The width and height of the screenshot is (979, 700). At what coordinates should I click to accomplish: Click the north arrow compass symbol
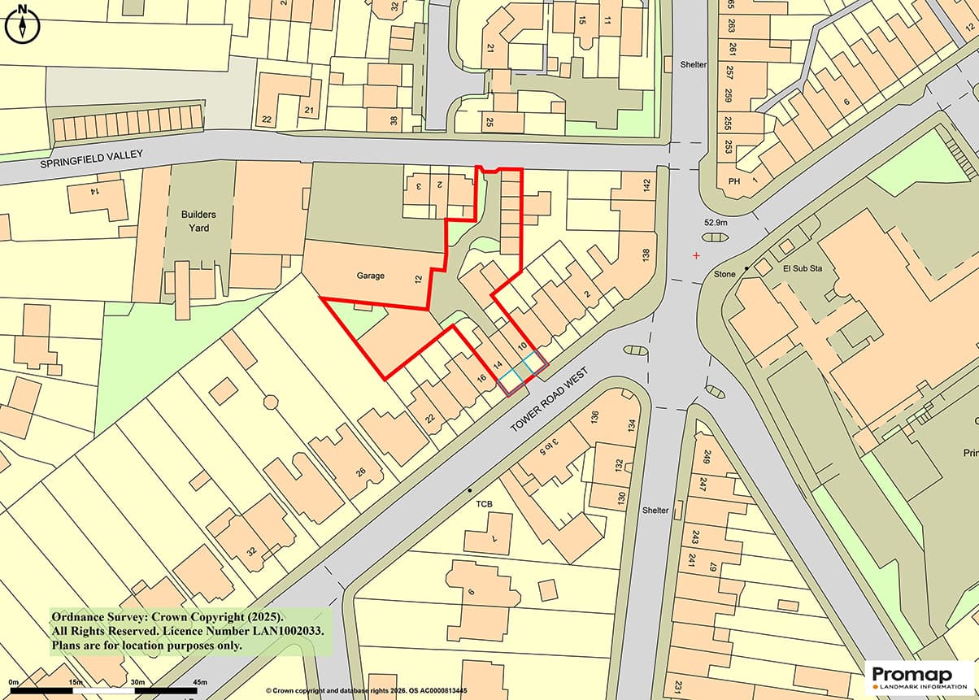(22, 24)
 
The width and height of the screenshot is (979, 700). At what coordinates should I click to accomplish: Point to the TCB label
(485, 505)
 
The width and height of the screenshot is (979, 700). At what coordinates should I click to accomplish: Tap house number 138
(646, 254)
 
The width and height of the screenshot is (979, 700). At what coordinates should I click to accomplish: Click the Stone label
(724, 275)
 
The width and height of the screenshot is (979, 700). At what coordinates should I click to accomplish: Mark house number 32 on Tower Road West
(251, 551)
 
